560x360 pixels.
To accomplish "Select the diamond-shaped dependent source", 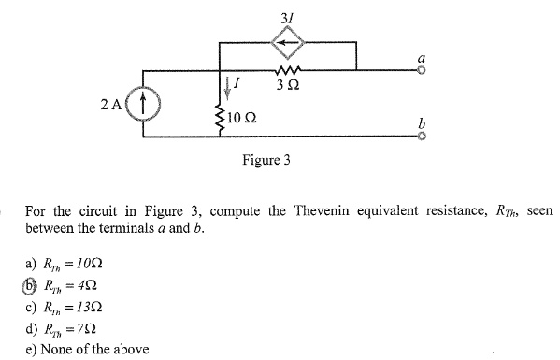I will (x=289, y=42).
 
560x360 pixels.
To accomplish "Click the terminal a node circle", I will (x=421, y=71).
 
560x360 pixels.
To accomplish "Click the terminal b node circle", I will (x=421, y=137).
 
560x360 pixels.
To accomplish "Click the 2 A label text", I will (x=110, y=104).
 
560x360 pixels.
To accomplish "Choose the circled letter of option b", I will (x=31, y=286).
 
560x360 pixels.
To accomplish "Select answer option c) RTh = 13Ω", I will (x=65, y=308).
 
